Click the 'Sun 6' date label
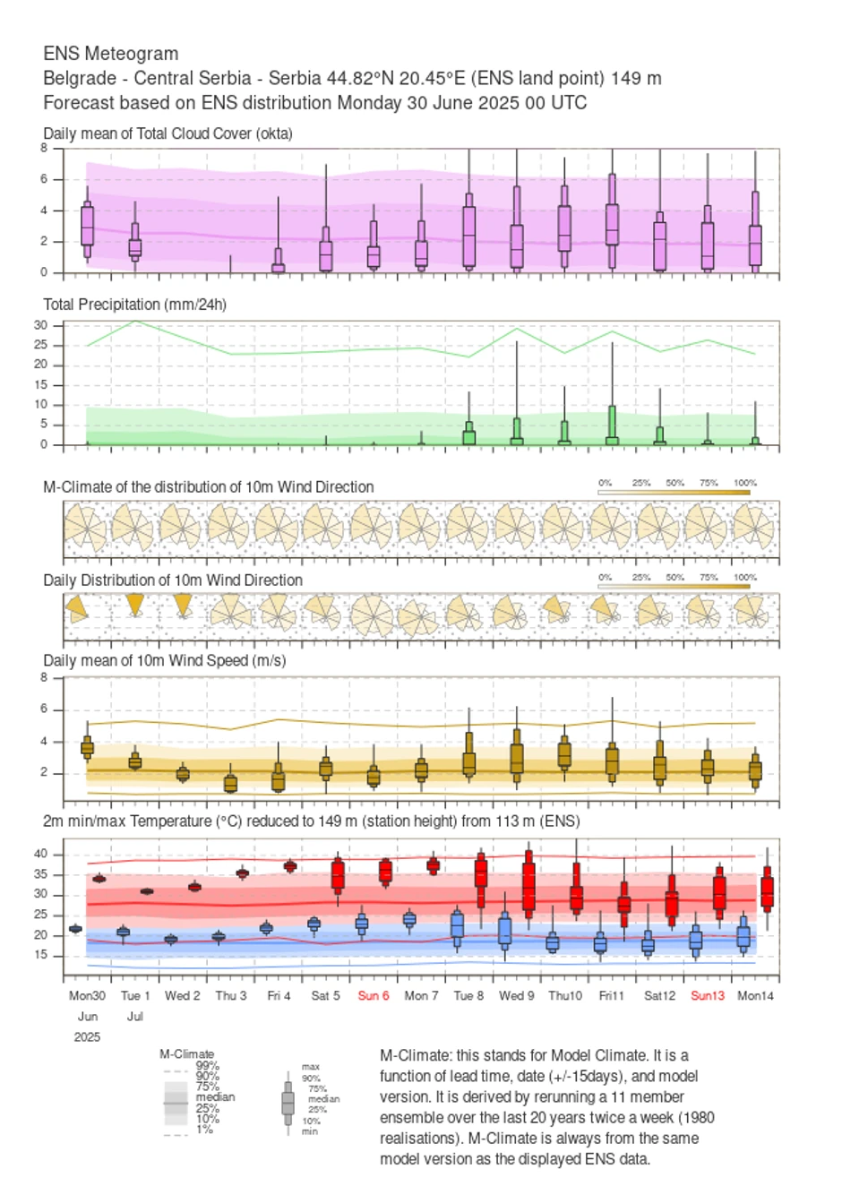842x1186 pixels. tap(374, 995)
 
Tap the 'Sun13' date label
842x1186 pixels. tap(708, 995)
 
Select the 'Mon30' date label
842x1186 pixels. tap(87, 995)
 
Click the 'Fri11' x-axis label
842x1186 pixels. tap(612, 995)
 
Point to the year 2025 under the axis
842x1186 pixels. tap(87, 1036)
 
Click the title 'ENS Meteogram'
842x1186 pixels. tap(110, 54)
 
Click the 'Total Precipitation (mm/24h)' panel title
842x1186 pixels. tap(134, 305)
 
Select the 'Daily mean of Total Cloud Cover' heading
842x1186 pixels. tap(168, 133)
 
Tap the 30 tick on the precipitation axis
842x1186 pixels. tap(41, 325)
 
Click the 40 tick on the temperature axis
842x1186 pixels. tap(41, 854)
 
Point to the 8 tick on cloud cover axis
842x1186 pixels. tap(44, 148)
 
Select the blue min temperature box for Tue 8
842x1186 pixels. tap(457, 924)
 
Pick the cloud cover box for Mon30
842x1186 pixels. tap(87, 224)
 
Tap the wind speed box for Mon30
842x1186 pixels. tap(87, 748)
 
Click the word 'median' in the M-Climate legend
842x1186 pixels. tap(215, 1096)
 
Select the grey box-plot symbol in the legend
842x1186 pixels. tap(288, 1102)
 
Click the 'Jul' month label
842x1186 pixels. tap(134, 1016)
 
